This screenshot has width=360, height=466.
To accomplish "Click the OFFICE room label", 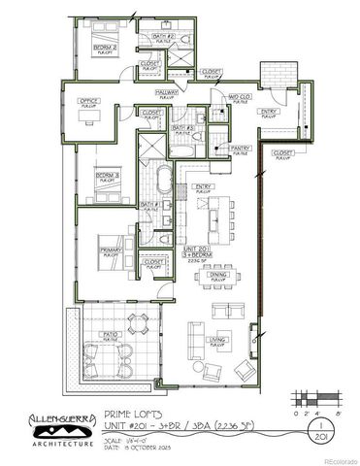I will (90, 100).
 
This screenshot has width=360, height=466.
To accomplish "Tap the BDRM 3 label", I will (107, 175).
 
